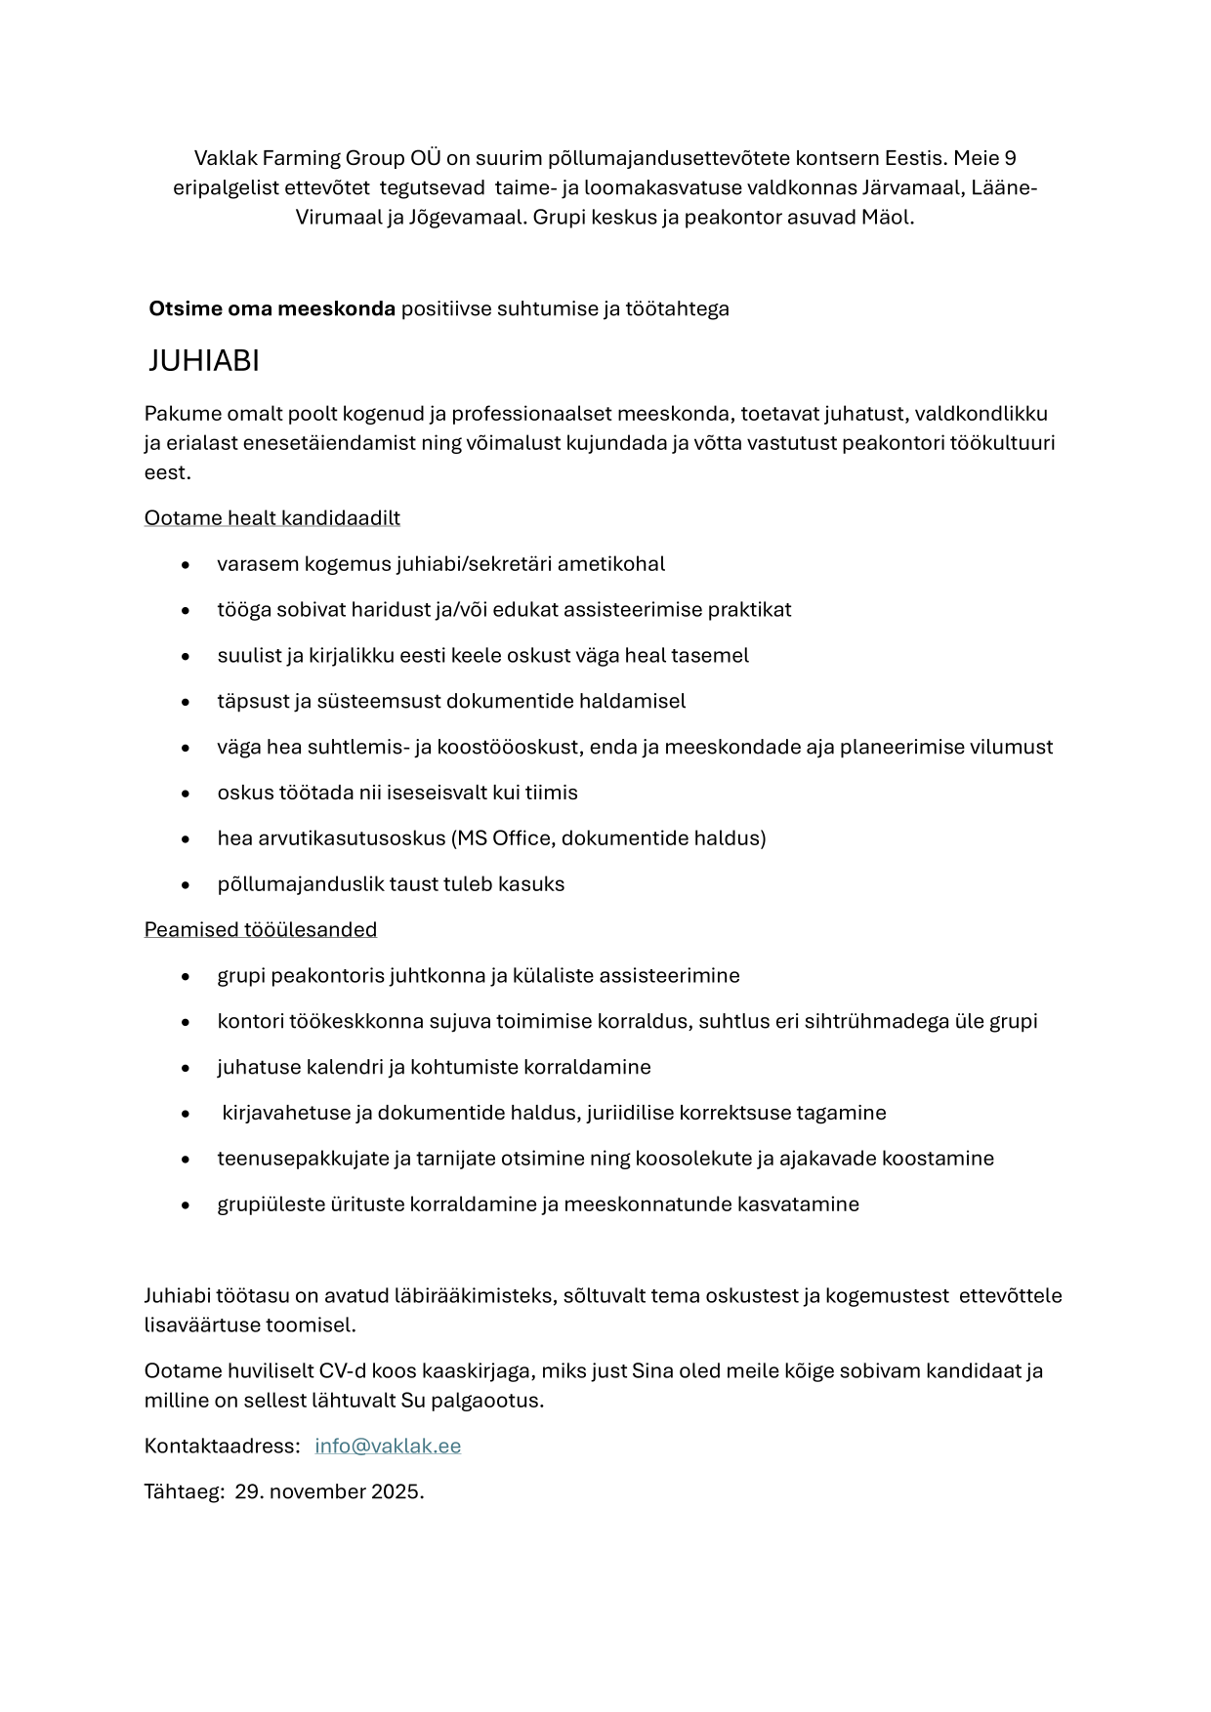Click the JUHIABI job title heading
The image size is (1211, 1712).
point(203,361)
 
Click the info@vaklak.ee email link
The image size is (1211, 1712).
point(388,1446)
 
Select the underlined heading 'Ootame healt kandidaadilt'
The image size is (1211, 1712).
point(271,517)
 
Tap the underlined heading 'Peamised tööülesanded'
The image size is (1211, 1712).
point(260,929)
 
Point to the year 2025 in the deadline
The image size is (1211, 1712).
point(397,1491)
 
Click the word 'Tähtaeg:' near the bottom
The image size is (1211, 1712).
point(184,1491)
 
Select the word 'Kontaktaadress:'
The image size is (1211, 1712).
point(222,1446)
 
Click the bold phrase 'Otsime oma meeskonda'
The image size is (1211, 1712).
point(271,309)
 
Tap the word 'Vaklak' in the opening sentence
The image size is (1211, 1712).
point(225,158)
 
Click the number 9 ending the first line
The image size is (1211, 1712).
point(1010,158)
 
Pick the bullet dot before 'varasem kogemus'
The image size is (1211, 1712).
point(186,565)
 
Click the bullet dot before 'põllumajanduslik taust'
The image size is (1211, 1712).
point(186,885)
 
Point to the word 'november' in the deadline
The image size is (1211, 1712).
point(318,1491)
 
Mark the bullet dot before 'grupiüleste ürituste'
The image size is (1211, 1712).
point(186,1205)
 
